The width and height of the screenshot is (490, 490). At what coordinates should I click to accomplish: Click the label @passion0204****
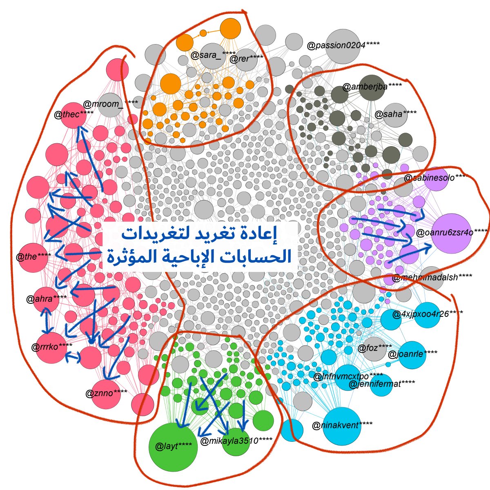pos(343,45)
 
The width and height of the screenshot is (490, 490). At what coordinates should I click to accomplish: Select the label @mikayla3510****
pos(236,441)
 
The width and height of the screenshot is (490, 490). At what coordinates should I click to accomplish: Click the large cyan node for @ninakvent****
pos(342,426)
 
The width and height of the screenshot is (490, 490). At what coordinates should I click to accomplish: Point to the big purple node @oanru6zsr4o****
pos(451,233)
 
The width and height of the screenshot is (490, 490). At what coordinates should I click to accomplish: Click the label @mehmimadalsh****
pos(432,278)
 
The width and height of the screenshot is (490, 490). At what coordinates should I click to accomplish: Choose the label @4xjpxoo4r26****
pos(427,314)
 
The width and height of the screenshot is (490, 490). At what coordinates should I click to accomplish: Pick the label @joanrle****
pos(412,354)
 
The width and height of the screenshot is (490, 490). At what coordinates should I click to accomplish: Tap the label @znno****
pos(106,394)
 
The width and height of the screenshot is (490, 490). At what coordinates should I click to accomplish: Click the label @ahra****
pos(46,298)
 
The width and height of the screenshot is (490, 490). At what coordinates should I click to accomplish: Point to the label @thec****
pos(74,114)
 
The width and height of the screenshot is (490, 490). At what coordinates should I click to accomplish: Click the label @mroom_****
pos(110,104)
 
